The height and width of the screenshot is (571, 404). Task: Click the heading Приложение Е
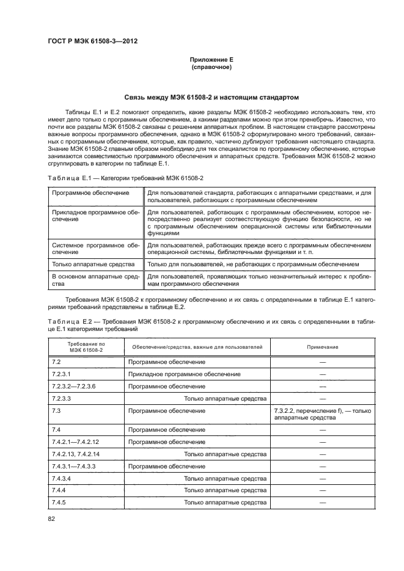(211, 60)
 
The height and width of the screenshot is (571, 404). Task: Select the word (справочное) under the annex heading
(211, 67)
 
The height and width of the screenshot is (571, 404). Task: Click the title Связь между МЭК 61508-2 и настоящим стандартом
(211, 97)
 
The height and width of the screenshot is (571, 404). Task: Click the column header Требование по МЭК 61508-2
(85, 347)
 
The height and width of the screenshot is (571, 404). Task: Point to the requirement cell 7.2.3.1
(62, 374)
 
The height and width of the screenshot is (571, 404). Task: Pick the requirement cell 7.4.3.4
(62, 478)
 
